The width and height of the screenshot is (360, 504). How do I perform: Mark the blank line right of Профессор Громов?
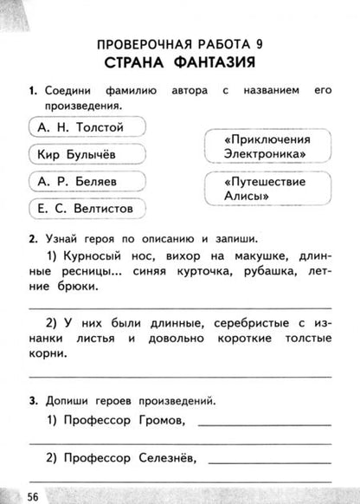pos(263,425)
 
